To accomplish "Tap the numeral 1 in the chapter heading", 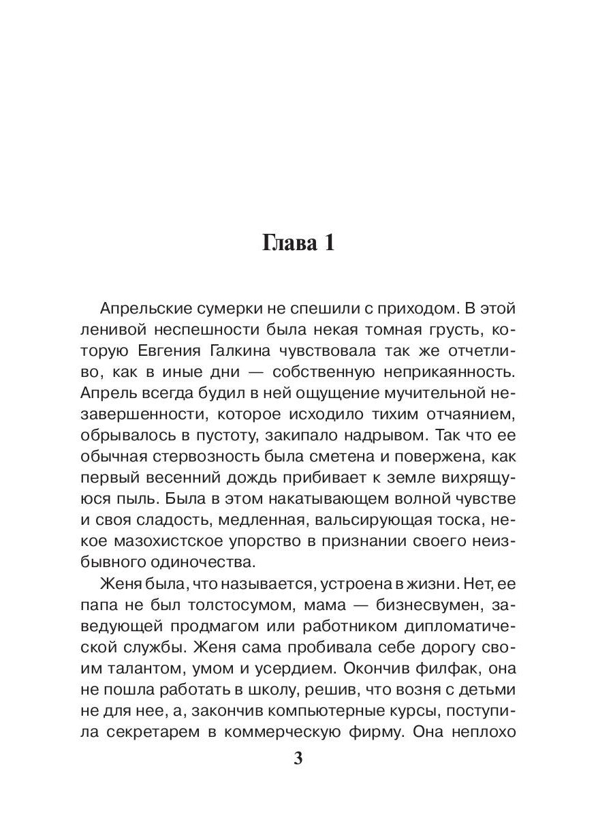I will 328,245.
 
